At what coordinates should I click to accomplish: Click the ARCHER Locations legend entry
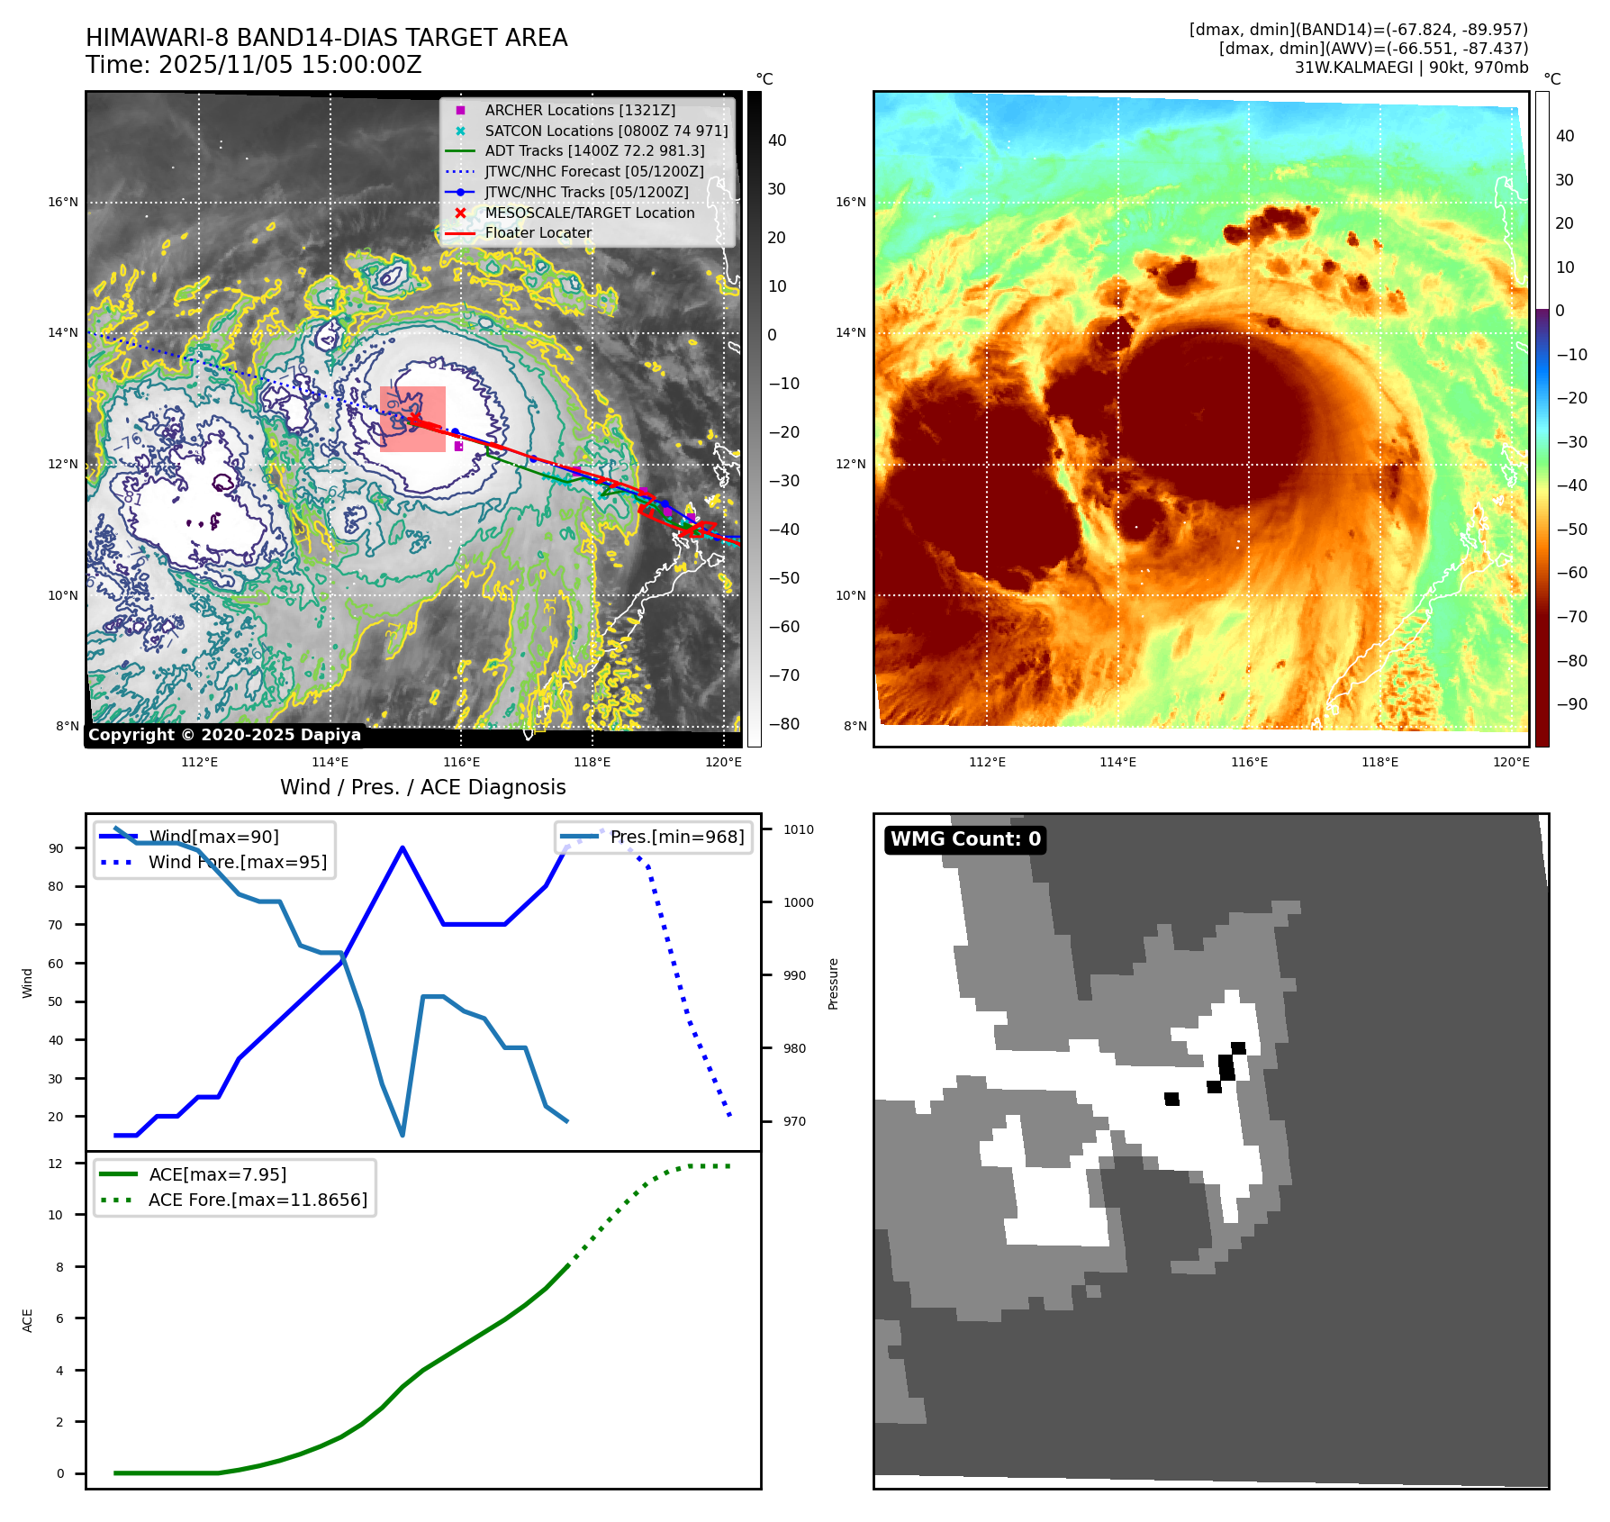click(579, 110)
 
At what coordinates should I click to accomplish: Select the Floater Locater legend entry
click(538, 232)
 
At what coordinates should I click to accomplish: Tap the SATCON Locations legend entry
click(605, 131)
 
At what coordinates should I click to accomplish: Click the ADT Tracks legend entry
click(594, 150)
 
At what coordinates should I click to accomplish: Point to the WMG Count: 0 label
click(965, 839)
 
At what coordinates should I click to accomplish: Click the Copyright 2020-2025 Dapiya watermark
click(224, 735)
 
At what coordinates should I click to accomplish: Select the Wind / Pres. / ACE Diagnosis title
click(423, 787)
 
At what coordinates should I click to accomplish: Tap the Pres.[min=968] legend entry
click(676, 837)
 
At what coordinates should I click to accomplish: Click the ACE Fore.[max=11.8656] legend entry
click(258, 1200)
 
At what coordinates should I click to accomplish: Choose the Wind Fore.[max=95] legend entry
click(238, 862)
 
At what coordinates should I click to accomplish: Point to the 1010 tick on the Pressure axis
click(798, 829)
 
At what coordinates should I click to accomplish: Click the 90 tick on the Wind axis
click(57, 848)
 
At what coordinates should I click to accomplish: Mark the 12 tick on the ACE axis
click(56, 1164)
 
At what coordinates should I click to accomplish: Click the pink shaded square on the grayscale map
click(412, 419)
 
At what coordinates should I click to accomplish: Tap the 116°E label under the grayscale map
click(461, 762)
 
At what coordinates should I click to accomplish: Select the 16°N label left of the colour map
click(850, 202)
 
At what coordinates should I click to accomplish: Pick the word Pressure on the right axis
click(833, 983)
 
